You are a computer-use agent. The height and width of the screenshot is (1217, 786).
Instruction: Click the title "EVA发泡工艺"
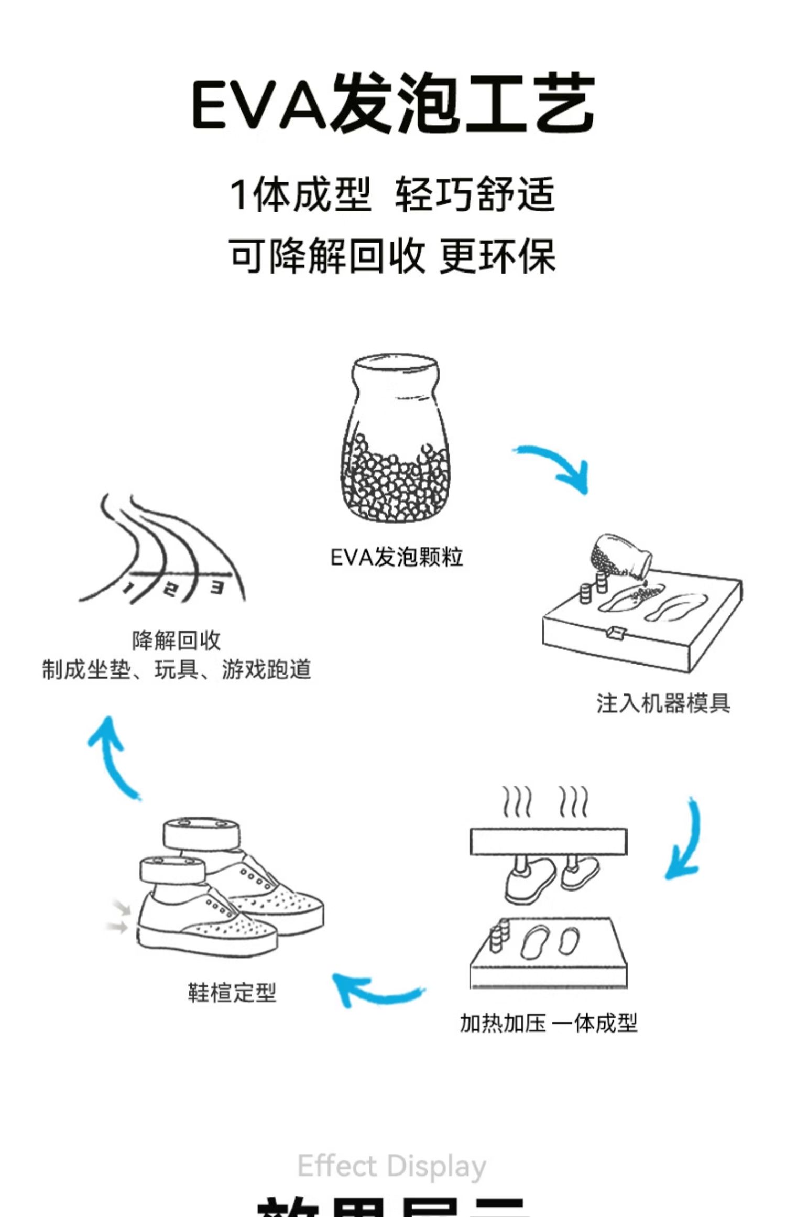(x=393, y=102)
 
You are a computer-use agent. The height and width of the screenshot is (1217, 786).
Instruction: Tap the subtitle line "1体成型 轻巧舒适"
(x=392, y=194)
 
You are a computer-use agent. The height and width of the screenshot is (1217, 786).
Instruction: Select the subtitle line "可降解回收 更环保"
(x=392, y=256)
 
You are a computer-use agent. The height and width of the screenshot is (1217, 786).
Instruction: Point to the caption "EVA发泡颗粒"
(x=397, y=557)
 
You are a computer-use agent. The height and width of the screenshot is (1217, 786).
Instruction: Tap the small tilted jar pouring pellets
(x=620, y=558)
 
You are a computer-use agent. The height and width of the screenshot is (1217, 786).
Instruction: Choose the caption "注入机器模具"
(x=663, y=703)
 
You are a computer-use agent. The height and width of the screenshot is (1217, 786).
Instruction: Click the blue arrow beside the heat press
(x=685, y=839)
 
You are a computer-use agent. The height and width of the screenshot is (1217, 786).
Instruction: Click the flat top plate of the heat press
(x=548, y=842)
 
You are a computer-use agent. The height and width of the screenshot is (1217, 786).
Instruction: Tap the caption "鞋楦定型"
(x=232, y=992)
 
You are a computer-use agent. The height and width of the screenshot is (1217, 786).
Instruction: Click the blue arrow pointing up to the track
(x=112, y=755)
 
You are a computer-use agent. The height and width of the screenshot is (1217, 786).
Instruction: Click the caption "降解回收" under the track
(x=176, y=640)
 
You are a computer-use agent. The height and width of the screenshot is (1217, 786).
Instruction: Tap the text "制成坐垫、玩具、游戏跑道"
(x=176, y=669)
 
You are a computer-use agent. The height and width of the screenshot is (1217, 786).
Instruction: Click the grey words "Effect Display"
(x=392, y=1166)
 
